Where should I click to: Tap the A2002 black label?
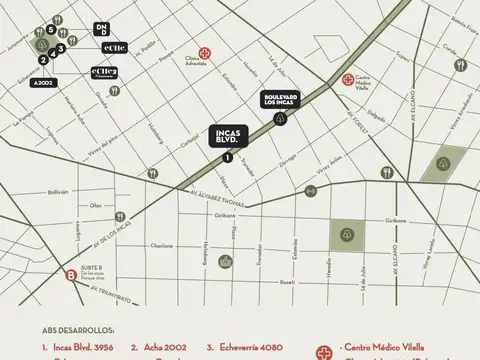[x=44, y=83]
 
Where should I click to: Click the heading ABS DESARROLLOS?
[x=78, y=328]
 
